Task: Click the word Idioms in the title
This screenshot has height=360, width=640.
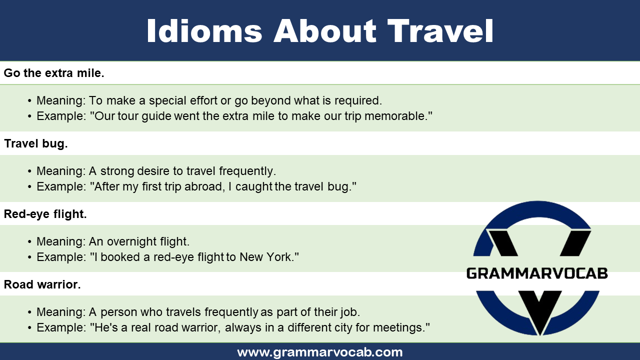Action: point(204,31)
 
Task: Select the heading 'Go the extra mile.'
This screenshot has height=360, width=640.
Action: point(54,73)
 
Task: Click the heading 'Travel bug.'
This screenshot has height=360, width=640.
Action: point(36,144)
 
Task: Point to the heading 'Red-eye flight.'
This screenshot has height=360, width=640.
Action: point(45,214)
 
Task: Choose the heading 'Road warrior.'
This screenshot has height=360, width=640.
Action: point(42,285)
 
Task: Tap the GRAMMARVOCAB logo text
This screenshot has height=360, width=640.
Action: point(537,273)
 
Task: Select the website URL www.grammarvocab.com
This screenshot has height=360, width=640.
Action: point(320,352)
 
